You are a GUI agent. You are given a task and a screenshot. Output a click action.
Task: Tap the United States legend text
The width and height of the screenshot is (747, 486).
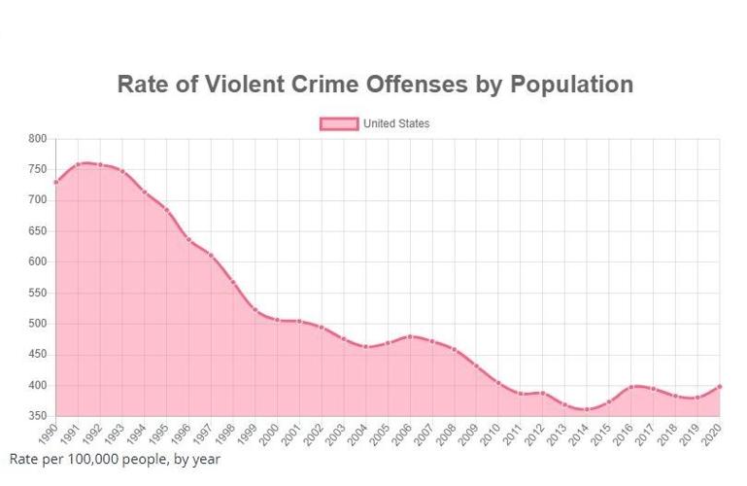[396, 123]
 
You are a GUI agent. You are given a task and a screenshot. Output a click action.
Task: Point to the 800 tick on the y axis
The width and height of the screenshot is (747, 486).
[37, 139]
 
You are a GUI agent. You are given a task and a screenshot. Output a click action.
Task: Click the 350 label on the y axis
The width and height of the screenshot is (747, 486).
[37, 416]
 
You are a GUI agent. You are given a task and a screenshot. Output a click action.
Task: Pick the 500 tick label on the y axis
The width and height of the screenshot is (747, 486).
[37, 324]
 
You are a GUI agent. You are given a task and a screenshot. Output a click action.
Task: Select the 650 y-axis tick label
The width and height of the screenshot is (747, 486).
[37, 231]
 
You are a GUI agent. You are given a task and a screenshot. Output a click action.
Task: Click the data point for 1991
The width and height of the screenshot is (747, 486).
[78, 164]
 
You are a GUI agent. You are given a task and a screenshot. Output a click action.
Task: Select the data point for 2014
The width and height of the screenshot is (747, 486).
[587, 409]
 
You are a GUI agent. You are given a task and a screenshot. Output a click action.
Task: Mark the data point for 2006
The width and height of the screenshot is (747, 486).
[410, 336]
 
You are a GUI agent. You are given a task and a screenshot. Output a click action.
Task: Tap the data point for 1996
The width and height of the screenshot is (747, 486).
[188, 239]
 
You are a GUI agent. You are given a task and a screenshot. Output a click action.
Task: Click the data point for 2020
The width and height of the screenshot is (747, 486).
[720, 386]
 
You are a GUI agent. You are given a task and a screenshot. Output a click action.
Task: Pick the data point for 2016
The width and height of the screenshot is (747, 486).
[631, 387]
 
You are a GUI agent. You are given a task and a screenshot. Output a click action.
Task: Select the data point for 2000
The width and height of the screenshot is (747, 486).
[277, 320]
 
